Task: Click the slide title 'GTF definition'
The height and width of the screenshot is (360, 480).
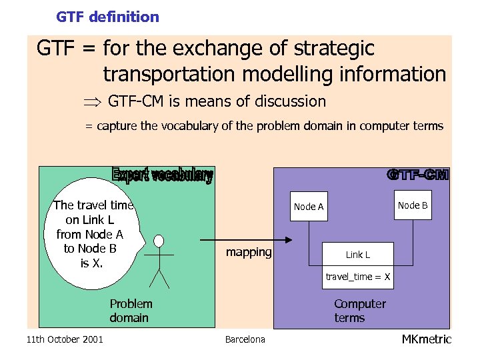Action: (x=107, y=17)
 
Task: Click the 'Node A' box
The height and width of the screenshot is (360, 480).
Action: (x=309, y=207)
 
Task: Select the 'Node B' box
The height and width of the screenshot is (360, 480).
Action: (x=413, y=205)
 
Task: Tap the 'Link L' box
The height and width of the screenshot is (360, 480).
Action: (x=358, y=255)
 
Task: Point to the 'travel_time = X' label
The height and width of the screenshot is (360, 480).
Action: (x=358, y=277)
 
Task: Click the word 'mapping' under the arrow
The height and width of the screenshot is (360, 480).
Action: (x=249, y=252)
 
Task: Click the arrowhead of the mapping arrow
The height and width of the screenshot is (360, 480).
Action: (x=289, y=240)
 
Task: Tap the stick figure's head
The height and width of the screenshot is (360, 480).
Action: (x=159, y=240)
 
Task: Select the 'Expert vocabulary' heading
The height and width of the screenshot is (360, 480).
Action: (x=162, y=175)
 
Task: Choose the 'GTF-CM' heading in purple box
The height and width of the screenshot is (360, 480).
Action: (x=418, y=175)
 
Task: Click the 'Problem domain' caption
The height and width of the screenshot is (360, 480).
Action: (x=130, y=311)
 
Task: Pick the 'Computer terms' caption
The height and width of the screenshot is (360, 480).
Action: (x=359, y=311)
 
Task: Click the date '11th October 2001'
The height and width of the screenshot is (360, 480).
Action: (x=65, y=340)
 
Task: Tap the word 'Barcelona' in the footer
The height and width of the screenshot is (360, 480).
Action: (x=245, y=340)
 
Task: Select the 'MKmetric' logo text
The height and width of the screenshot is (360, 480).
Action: (x=426, y=339)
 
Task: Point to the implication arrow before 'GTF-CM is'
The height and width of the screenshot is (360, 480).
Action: (x=91, y=103)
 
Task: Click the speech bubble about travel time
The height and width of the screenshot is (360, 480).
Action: (x=93, y=234)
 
